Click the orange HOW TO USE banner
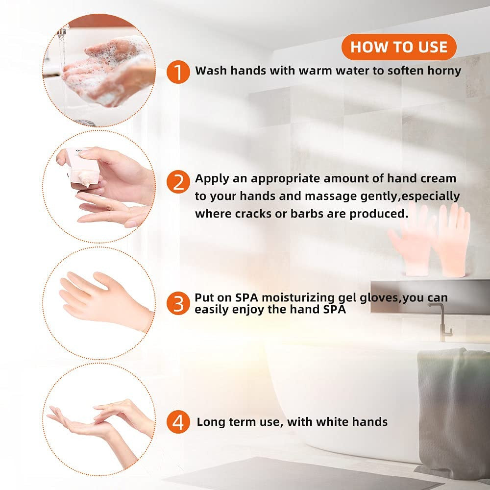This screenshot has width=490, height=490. click(x=399, y=47)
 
